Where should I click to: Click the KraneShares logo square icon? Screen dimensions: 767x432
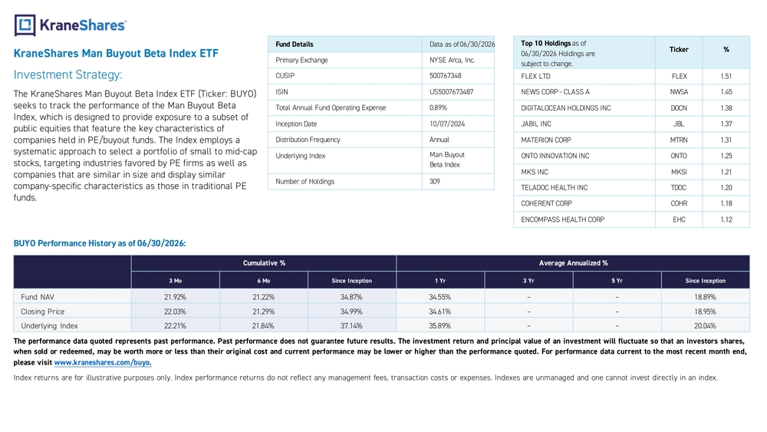pos(25,25)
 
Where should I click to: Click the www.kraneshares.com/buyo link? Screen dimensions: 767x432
pos(103,362)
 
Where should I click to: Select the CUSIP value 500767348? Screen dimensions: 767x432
pos(445,76)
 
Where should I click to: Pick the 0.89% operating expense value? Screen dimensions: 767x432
pos(438,107)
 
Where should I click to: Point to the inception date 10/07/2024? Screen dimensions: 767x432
pos(447,124)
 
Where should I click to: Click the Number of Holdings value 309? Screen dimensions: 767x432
pos(435,182)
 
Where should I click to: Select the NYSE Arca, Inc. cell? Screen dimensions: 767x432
pos(452,60)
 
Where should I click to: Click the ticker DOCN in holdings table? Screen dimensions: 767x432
pos(679,108)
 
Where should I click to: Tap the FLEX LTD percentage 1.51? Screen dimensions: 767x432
pos(726,76)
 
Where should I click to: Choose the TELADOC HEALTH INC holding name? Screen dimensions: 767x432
pos(555,188)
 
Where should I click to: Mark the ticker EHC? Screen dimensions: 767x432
pos(679,219)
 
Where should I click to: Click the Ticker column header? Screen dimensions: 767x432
pos(679,49)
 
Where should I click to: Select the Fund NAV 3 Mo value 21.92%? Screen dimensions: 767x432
pos(175,297)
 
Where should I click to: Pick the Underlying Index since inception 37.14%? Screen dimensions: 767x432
pos(351,326)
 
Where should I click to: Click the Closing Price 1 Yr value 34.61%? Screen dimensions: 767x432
pos(439,312)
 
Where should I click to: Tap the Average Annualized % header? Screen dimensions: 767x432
pos(573,263)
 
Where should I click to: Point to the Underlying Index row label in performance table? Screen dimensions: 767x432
pos(49,326)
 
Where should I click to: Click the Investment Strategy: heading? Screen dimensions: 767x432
pos(68,75)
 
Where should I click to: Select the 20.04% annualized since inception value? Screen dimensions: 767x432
pos(705,326)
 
